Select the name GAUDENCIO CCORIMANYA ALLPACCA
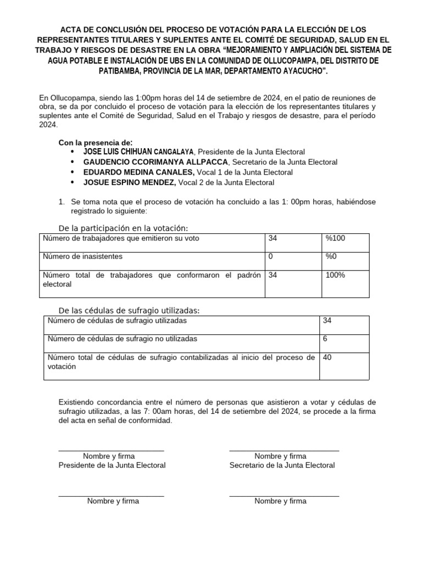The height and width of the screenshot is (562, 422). coord(154,162)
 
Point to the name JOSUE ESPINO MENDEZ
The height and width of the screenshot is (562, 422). coord(129,183)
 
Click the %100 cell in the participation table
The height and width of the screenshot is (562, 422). coord(335,238)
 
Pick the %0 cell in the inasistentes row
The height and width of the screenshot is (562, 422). coord(331,256)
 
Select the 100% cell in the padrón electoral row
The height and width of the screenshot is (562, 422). coord(335,275)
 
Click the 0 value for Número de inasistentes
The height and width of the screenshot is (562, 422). coord(271,256)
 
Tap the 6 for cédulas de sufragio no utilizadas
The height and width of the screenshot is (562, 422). coord(325,339)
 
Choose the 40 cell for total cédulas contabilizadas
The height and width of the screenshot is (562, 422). coord(327,357)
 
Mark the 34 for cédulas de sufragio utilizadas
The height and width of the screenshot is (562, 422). coord(327,321)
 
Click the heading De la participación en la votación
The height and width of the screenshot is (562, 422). coord(123,228)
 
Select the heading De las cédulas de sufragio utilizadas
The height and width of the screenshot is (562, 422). coord(129,311)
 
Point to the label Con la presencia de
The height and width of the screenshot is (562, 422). coord(96,142)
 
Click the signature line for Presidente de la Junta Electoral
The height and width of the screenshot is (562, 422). coord(112,451)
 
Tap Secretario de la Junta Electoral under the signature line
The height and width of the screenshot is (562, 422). coord(282,465)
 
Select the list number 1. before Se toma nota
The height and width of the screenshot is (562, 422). coord(62,202)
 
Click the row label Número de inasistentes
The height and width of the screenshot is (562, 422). coord(82,256)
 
